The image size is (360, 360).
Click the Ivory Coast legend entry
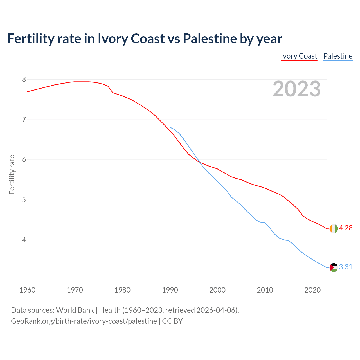click(299, 56)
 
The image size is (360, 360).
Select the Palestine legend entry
click(338, 56)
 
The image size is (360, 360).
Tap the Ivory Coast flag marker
click(334, 228)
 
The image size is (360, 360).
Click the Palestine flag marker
click(334, 267)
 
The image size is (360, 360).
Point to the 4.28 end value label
click(346, 228)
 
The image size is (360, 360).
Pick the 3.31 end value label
click(346, 267)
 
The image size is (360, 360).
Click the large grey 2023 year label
click(297, 89)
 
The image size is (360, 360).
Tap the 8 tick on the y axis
click(24, 80)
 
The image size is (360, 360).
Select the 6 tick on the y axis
click(24, 160)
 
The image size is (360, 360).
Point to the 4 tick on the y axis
click(24, 240)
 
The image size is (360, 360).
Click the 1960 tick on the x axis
click(27, 290)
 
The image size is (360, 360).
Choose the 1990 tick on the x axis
click(170, 290)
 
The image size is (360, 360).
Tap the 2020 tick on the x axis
click(312, 290)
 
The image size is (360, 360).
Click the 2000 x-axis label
click(217, 290)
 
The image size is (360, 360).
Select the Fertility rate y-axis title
click(12, 174)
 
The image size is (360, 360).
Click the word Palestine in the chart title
click(210, 39)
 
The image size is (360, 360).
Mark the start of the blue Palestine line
click(170, 127)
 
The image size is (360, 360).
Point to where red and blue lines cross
click(199, 162)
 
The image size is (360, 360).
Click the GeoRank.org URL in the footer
click(84, 321)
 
